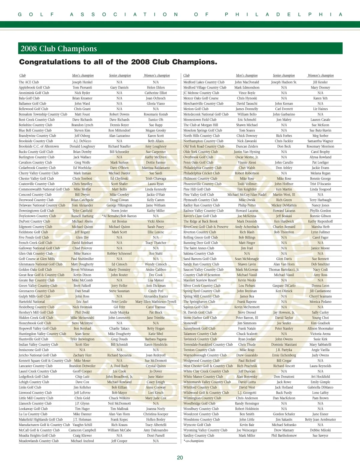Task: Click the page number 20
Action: [x=180, y=458]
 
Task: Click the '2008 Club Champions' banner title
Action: [x=59, y=49]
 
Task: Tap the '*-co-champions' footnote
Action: [x=193, y=441]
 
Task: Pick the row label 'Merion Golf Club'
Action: [x=196, y=109]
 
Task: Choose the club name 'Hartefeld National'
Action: [x=32, y=302]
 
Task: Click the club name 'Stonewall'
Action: [x=190, y=323]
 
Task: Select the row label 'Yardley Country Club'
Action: [x=199, y=435]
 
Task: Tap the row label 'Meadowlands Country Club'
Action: [x=39, y=441]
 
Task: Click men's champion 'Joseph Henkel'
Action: [x=82, y=82]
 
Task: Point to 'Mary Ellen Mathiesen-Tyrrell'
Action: [x=156, y=302]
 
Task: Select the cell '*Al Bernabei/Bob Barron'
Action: [x=119, y=216]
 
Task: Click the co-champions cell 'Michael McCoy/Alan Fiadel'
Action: [x=247, y=194]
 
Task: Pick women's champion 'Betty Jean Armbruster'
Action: [x=320, y=419]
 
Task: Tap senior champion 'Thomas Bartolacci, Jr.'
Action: [x=284, y=269]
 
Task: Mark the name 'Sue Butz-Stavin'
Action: [x=320, y=130]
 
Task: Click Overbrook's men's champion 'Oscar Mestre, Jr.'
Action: [x=247, y=157]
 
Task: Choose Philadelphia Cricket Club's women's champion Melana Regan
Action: [x=320, y=173]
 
